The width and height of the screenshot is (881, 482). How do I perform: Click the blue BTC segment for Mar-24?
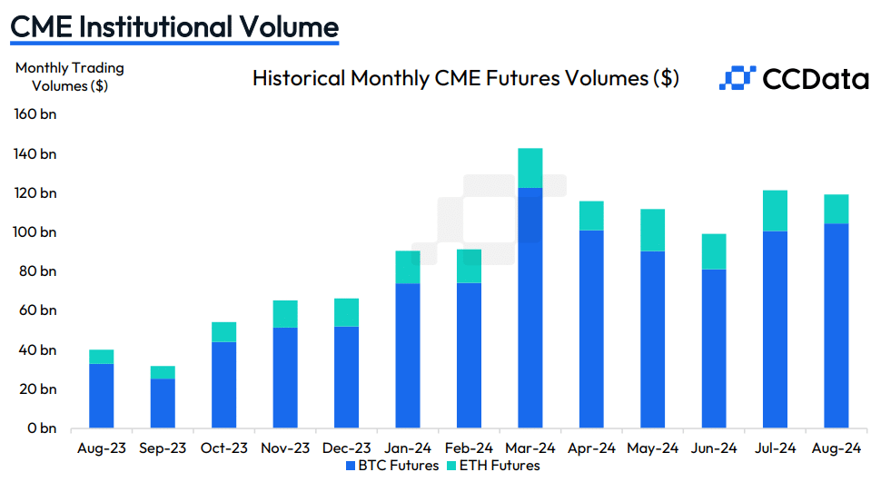tap(530, 308)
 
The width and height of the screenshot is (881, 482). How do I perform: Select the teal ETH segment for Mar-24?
tap(530, 168)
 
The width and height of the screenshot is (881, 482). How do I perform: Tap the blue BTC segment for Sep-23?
tap(163, 403)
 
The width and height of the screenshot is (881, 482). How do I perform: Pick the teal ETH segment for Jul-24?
tap(775, 211)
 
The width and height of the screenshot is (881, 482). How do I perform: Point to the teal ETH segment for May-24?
tap(652, 230)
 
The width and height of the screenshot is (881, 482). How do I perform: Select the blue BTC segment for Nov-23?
tap(285, 378)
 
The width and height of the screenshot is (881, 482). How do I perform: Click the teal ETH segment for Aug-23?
tap(101, 357)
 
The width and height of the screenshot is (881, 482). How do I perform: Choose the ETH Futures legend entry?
tap(495, 466)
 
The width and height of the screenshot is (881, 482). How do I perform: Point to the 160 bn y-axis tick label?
tap(35, 114)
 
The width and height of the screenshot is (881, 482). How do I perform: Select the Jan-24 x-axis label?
tap(408, 448)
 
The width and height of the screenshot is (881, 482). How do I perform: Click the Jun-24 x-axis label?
tap(714, 448)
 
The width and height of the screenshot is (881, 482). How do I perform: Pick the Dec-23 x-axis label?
tap(346, 448)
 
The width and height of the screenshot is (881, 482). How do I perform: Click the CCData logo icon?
tap(737, 78)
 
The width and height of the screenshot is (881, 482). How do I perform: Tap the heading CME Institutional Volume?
tap(173, 26)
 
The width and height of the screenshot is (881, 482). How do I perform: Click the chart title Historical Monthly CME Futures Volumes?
tap(465, 78)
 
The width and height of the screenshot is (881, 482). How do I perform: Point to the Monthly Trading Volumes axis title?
tap(70, 77)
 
